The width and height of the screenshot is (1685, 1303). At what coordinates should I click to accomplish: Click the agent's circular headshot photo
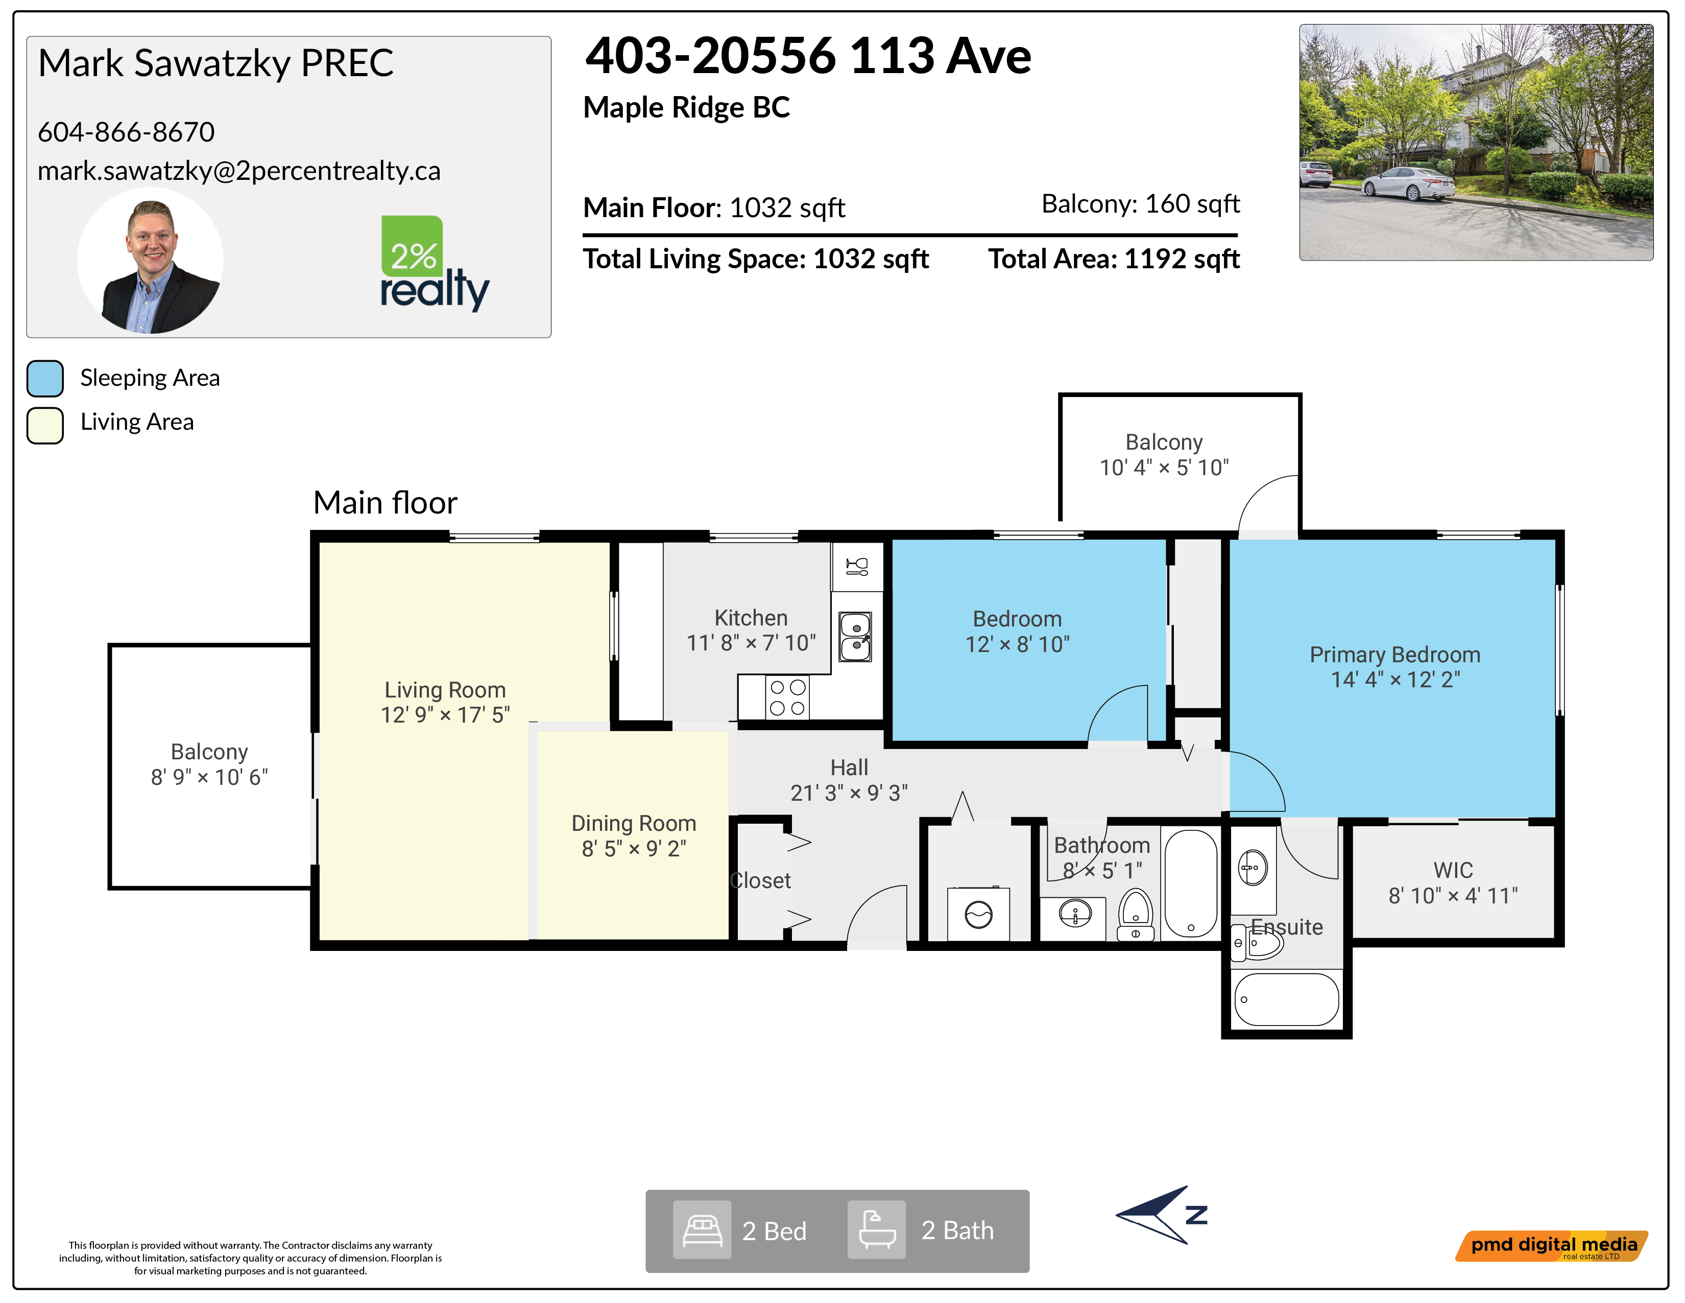point(151,261)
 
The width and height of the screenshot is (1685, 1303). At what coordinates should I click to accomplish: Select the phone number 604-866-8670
point(127,132)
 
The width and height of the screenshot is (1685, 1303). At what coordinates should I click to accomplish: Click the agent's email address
point(239,171)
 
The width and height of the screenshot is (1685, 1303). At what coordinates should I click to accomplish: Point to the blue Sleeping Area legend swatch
point(45,378)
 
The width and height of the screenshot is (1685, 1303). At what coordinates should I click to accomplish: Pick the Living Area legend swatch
point(45,425)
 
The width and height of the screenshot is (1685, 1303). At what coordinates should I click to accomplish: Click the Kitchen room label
point(751,618)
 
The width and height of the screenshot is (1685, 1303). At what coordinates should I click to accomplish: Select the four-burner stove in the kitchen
point(788,697)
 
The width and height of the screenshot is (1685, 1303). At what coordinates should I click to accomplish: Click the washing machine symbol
point(978,915)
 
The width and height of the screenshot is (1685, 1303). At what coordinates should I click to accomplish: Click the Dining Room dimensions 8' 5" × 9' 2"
point(634,848)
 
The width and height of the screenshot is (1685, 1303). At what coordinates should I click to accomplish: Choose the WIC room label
point(1453,870)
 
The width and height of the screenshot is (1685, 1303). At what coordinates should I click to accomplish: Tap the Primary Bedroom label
point(1395,655)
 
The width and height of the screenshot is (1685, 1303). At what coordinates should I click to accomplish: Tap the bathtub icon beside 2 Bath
point(876,1229)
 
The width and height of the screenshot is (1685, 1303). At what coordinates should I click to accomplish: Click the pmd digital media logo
point(1552,1246)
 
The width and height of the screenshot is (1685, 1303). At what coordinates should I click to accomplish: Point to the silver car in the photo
point(1408,184)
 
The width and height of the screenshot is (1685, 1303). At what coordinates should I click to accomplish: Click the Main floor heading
point(385,502)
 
